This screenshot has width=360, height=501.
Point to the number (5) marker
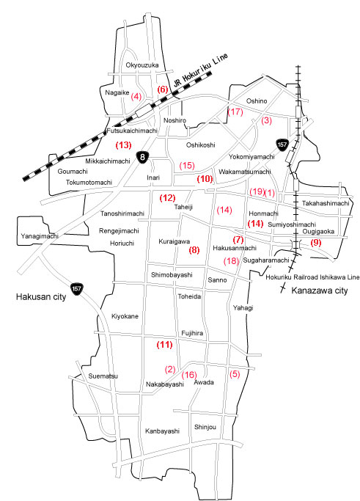click(235, 374)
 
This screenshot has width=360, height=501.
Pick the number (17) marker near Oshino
click(235, 111)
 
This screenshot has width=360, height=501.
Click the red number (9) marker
click(316, 242)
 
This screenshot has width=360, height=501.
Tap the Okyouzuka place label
click(142, 65)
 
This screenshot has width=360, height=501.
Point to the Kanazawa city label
click(317, 291)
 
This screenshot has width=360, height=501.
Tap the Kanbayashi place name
click(162, 431)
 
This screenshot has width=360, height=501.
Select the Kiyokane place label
click(125, 315)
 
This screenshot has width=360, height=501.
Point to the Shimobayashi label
click(172, 274)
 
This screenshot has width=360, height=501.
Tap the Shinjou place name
click(205, 427)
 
